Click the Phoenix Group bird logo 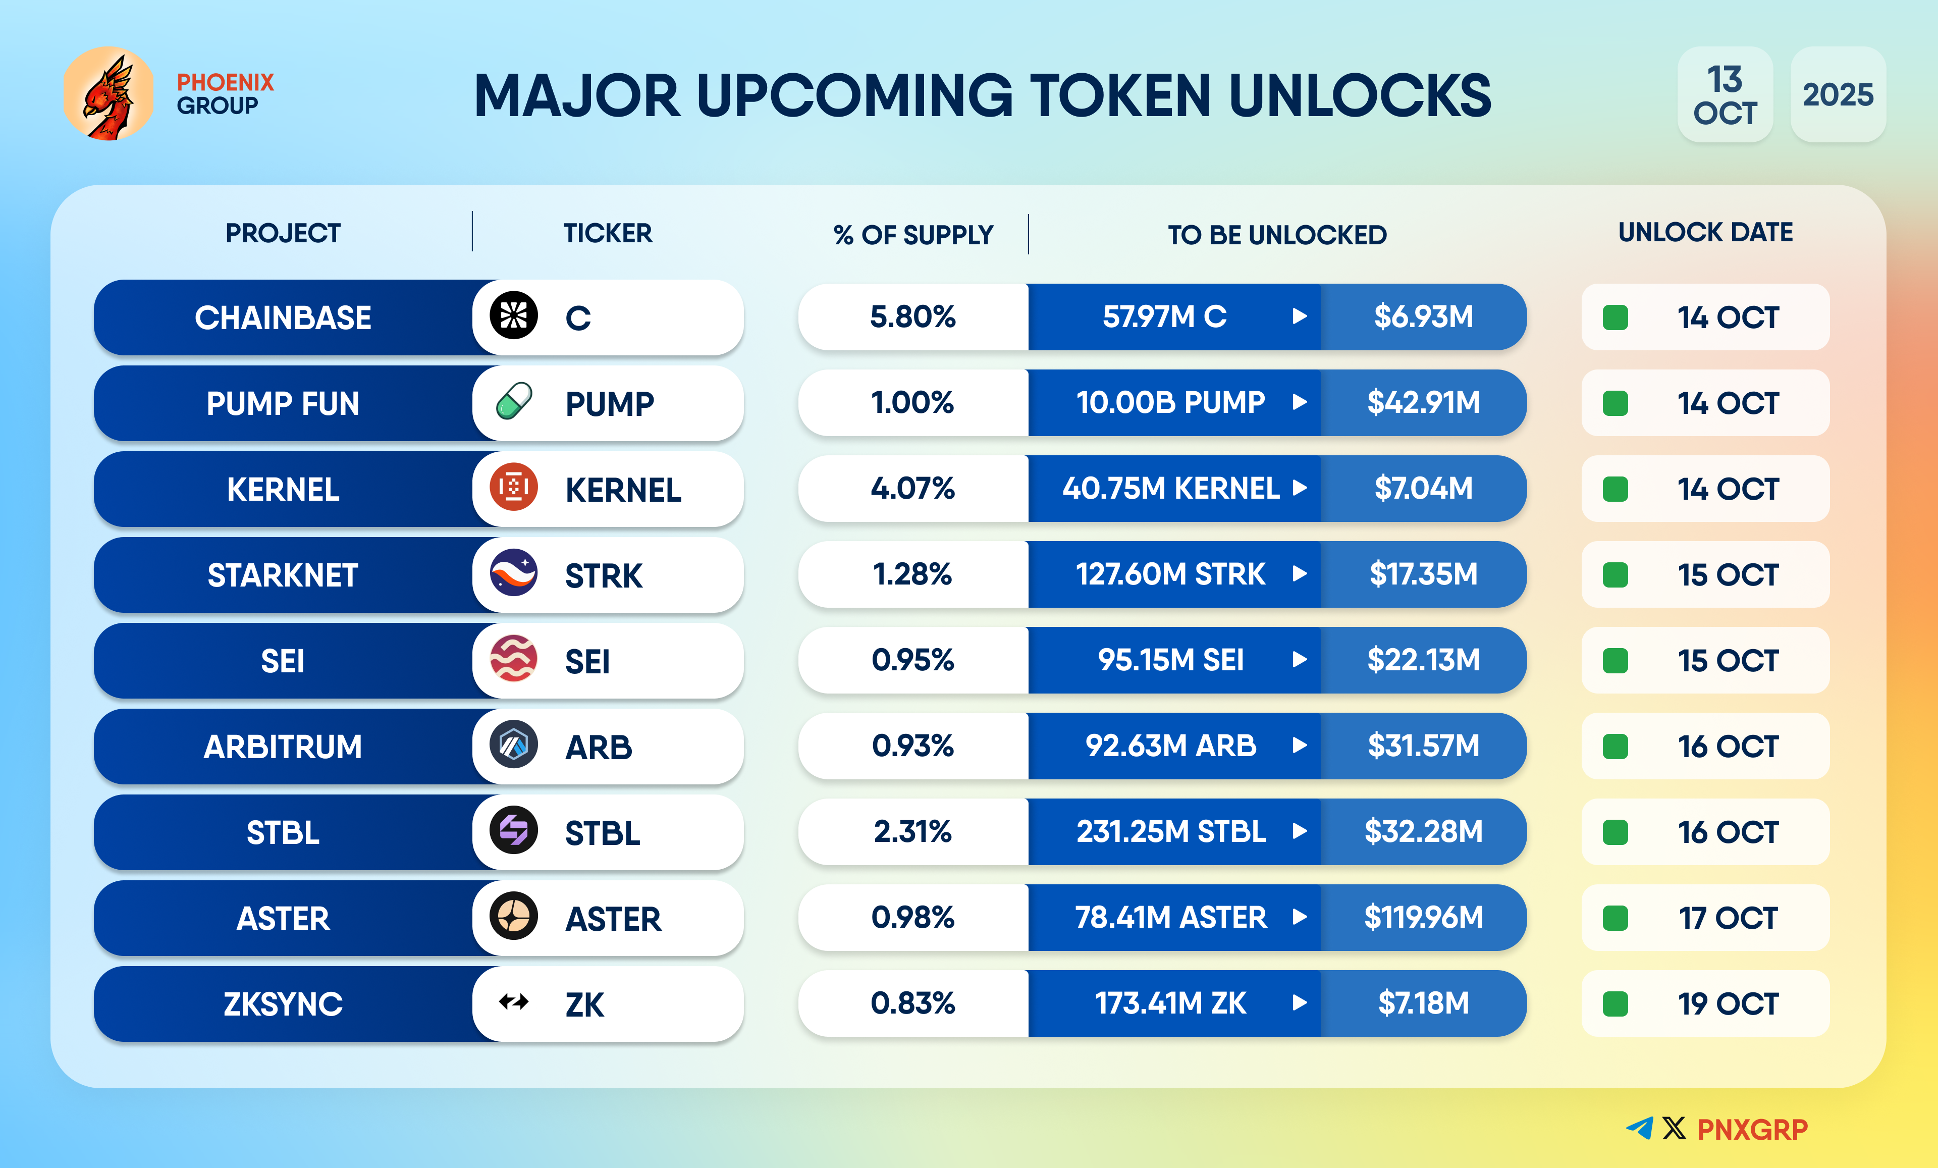coord(109,93)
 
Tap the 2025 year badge coord(1838,94)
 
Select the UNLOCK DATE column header coord(1705,233)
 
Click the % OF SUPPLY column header coord(912,234)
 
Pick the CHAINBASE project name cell coord(283,318)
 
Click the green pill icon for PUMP coord(514,402)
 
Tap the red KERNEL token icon coord(514,488)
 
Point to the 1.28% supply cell coord(912,574)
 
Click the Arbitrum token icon coord(514,745)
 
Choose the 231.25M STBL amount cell coord(1170,831)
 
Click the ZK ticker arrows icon coord(514,1002)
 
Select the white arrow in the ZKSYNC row coord(1300,1003)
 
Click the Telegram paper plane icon coord(1640,1128)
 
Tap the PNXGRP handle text coord(1752,1130)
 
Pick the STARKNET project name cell coord(283,575)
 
